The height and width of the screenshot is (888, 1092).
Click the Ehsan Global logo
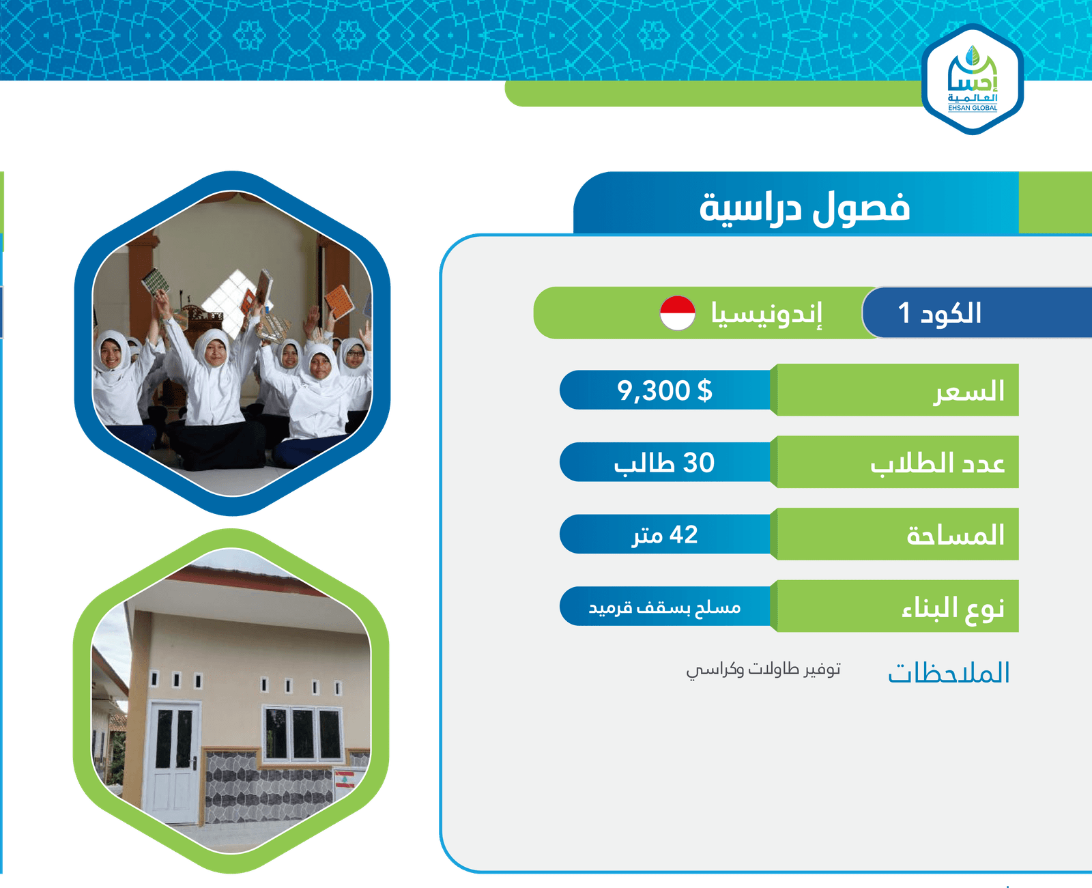click(x=972, y=79)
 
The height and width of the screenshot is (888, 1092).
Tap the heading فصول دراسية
click(x=805, y=208)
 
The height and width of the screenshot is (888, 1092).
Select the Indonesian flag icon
click(x=677, y=313)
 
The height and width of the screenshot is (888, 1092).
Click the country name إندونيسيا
click(x=766, y=314)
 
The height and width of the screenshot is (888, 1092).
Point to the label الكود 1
click(x=939, y=313)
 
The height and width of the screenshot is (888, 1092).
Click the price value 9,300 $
click(x=665, y=390)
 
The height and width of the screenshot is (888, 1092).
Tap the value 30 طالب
click(x=664, y=463)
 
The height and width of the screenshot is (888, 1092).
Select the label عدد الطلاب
click(x=937, y=463)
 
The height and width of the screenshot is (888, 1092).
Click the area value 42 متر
click(x=665, y=534)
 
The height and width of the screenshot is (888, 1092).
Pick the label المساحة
click(x=955, y=535)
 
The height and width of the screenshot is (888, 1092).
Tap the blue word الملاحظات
click(x=949, y=673)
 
